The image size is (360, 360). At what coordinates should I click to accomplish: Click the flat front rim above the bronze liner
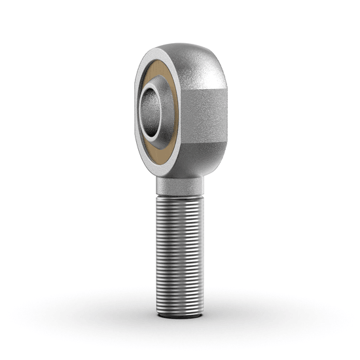click(157, 54)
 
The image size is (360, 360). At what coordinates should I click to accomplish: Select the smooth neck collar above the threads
click(180, 187)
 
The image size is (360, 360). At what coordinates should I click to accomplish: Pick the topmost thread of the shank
click(180, 198)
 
